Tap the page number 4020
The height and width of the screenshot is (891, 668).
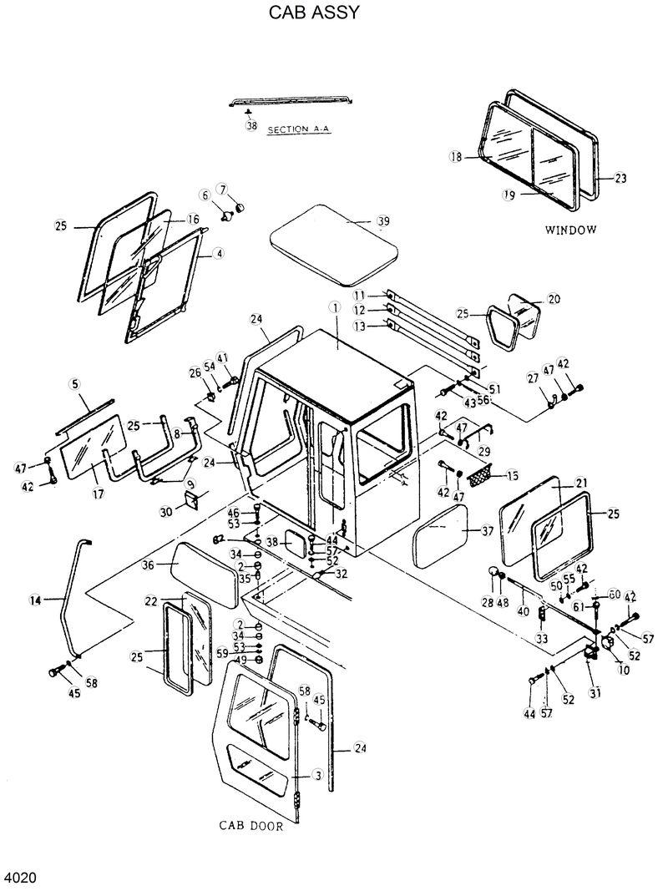pyautogui.click(x=20, y=878)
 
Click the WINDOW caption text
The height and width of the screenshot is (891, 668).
pyautogui.click(x=571, y=230)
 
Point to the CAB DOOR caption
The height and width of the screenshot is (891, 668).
pyautogui.click(x=251, y=827)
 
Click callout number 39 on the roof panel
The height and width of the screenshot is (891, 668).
pyautogui.click(x=383, y=221)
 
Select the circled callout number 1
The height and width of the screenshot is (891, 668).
pyautogui.click(x=335, y=308)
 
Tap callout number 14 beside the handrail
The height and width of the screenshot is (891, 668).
pyautogui.click(x=35, y=600)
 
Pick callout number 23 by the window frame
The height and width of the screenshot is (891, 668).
pyautogui.click(x=620, y=178)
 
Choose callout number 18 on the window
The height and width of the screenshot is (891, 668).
pyautogui.click(x=456, y=156)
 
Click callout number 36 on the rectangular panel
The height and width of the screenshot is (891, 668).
pyautogui.click(x=149, y=564)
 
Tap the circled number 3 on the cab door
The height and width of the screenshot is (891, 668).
pyautogui.click(x=316, y=776)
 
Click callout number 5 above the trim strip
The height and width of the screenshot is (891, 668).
pyautogui.click(x=74, y=384)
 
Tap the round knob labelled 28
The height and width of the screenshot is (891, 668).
pyautogui.click(x=494, y=575)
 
